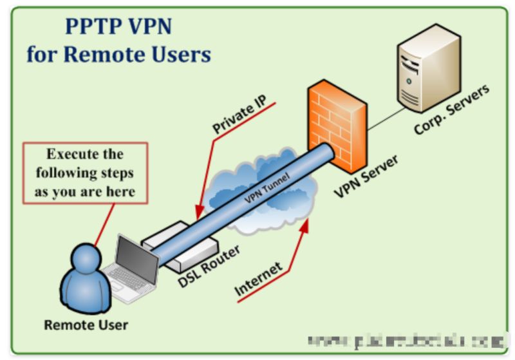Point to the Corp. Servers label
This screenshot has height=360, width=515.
tap(451, 109)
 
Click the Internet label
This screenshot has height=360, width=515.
tap(258, 279)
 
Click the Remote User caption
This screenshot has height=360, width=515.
tap(86, 325)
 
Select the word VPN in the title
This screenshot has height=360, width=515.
tap(152, 27)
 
